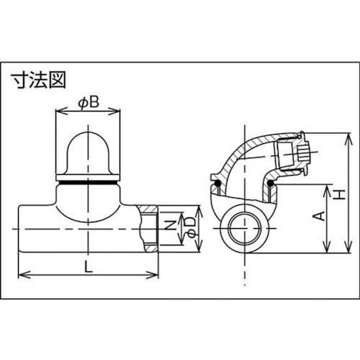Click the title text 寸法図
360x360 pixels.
35,80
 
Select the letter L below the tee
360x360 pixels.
87,264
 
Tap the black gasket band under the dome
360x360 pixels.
86,184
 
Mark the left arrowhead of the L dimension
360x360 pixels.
20,274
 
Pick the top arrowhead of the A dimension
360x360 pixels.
328,184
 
